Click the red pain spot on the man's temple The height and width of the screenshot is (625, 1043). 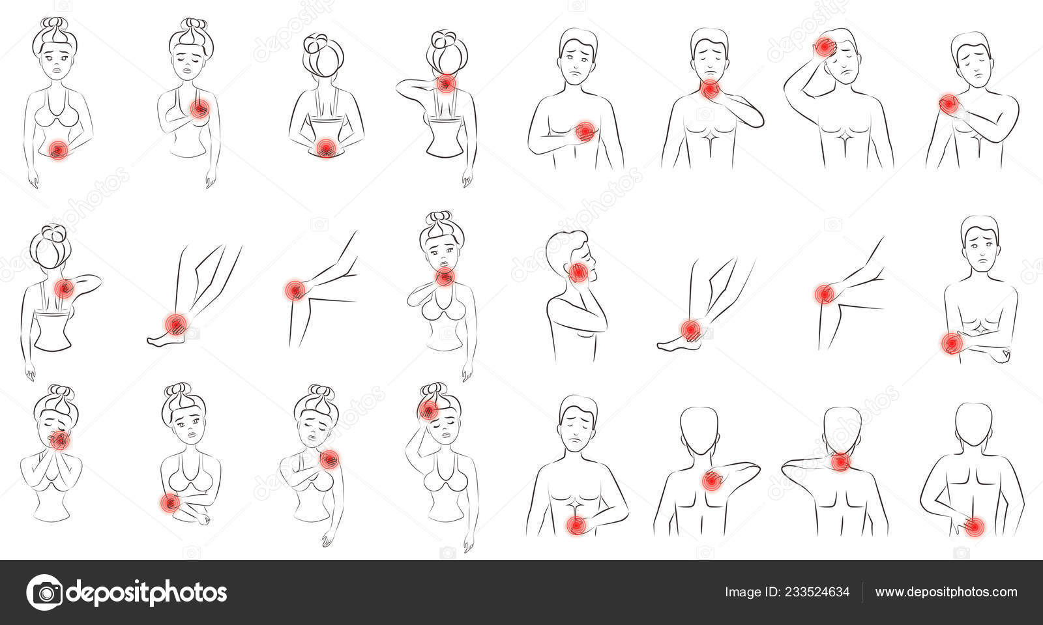pyautogui.click(x=825, y=46)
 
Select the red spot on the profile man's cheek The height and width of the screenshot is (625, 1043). pyautogui.click(x=578, y=272)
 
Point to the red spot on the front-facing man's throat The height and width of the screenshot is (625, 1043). pyautogui.click(x=710, y=89)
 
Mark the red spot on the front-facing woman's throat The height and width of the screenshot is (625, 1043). pyautogui.click(x=445, y=278)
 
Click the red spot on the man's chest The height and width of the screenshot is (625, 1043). pyautogui.click(x=585, y=132)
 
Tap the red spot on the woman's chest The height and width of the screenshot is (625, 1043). pyautogui.click(x=199, y=109)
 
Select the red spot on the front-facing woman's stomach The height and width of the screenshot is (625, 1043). pyautogui.click(x=58, y=150)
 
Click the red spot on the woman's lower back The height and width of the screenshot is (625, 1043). pyautogui.click(x=326, y=147)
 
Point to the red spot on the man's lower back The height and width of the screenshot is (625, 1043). pyautogui.click(x=974, y=527)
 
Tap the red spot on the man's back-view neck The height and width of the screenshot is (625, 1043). pyautogui.click(x=840, y=462)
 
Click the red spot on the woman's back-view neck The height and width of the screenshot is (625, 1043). pyautogui.click(x=446, y=83)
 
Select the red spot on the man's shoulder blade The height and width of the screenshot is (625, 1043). pyautogui.click(x=711, y=481)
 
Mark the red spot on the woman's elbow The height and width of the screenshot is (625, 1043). pyautogui.click(x=169, y=503)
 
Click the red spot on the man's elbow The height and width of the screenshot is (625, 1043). pyautogui.click(x=952, y=343)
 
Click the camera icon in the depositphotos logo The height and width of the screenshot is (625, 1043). pyautogui.click(x=45, y=592)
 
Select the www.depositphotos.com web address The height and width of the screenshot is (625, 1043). pyautogui.click(x=946, y=592)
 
